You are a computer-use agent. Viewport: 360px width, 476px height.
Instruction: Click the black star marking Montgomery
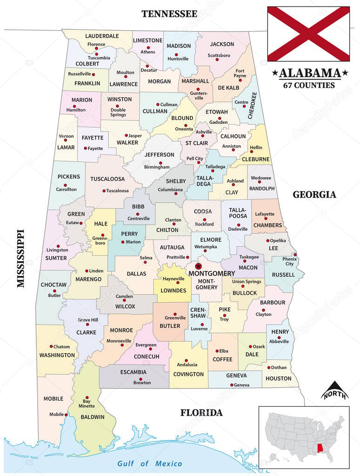pyautogui.click(x=199, y=266)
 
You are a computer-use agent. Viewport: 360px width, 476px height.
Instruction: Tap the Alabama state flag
pyautogui.click(x=308, y=34)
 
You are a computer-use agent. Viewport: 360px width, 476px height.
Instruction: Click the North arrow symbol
pyautogui.click(x=334, y=390)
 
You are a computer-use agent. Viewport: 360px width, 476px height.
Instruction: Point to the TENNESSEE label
pyautogui.click(x=169, y=13)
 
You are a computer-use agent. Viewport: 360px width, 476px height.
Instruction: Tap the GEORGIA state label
pyautogui.click(x=314, y=195)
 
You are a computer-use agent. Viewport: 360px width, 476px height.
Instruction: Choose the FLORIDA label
pyautogui.click(x=201, y=412)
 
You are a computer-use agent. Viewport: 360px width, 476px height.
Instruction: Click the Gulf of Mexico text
pyautogui.click(x=150, y=463)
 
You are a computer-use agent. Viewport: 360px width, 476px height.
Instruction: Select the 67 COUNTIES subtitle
pyautogui.click(x=309, y=85)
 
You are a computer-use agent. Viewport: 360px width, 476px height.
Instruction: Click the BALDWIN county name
pyautogui.click(x=92, y=417)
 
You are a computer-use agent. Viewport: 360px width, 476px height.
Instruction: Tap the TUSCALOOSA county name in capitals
pyautogui.click(x=107, y=179)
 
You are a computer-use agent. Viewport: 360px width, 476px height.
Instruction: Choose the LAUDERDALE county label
pyautogui.click(x=102, y=36)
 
